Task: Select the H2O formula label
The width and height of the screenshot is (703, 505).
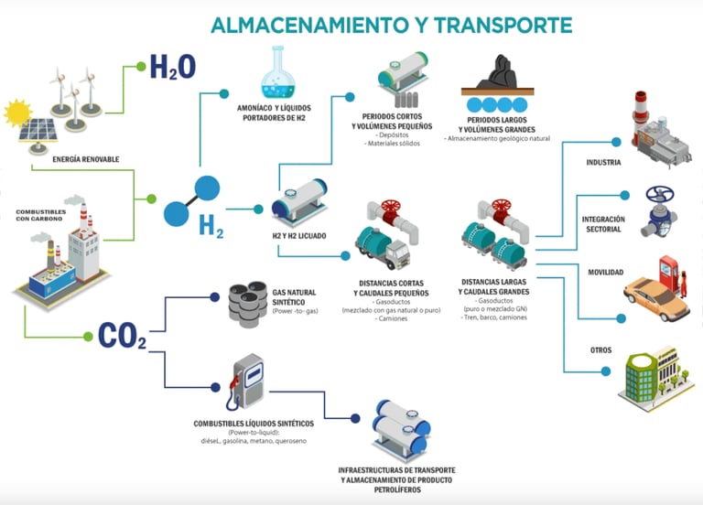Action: tap(172, 67)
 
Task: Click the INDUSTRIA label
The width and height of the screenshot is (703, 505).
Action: tap(604, 163)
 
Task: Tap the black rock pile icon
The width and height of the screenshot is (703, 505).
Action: tap(499, 73)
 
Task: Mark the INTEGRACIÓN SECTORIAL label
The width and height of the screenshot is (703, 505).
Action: tap(603, 224)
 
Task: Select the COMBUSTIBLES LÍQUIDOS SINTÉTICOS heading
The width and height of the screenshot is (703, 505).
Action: tap(254, 424)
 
